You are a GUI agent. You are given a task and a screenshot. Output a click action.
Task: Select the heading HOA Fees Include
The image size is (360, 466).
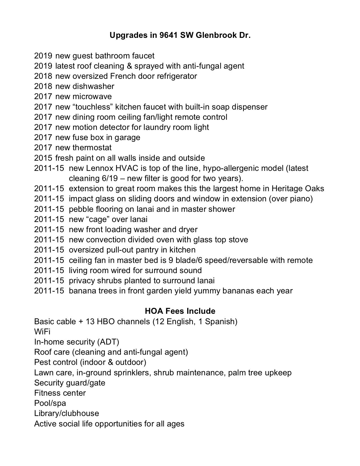(180, 311)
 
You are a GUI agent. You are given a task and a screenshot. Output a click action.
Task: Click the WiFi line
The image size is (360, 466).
(42, 332)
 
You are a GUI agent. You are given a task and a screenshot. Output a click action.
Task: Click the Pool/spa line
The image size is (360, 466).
(50, 403)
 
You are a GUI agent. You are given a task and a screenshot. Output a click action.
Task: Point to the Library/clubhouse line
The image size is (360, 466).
(67, 413)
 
